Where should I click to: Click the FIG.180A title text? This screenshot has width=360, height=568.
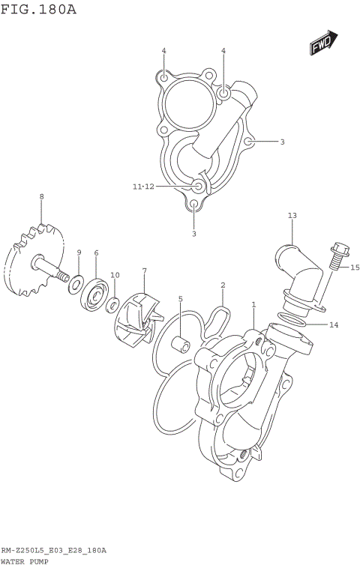(39, 10)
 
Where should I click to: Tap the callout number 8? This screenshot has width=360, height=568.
(42, 196)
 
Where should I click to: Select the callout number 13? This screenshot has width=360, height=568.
(292, 216)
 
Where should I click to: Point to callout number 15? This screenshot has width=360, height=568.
(355, 268)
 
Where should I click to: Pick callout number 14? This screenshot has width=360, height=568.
(334, 324)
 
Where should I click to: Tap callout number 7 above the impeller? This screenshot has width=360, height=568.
(144, 271)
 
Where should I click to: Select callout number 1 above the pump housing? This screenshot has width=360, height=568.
(253, 305)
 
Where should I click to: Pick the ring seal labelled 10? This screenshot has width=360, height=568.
(112, 303)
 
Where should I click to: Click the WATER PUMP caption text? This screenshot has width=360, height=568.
(25, 560)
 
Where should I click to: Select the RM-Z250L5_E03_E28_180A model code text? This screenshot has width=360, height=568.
(53, 550)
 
